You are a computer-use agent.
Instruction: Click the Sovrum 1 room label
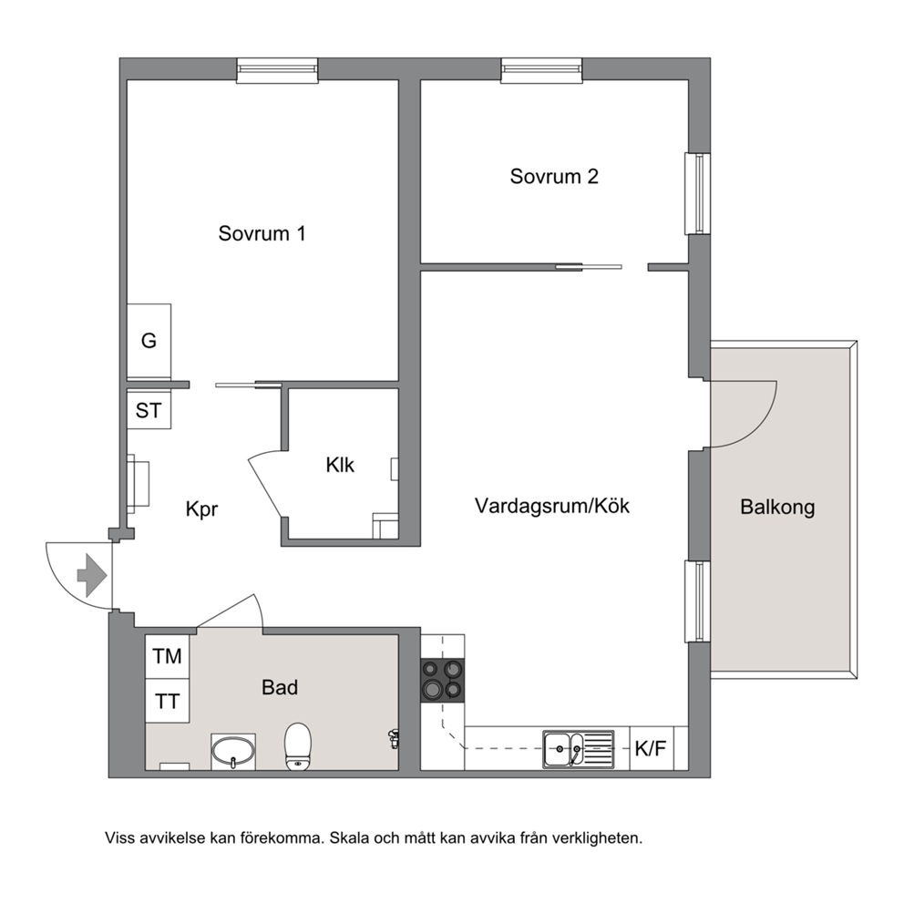[262, 233]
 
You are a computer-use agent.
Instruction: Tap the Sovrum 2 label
[554, 177]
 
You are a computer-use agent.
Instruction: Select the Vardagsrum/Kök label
[551, 506]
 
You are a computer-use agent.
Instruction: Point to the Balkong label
[777, 508]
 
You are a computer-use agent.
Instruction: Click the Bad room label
[280, 687]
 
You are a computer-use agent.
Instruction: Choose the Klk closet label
[340, 465]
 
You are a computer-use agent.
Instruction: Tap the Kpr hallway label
[201, 509]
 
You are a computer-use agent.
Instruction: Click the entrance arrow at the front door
[92, 575]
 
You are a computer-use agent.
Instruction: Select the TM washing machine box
[167, 656]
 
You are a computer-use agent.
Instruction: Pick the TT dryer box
[167, 701]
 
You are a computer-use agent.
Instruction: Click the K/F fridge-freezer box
[652, 748]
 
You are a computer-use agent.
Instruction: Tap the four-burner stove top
[442, 681]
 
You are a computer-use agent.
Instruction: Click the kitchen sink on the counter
[579, 749]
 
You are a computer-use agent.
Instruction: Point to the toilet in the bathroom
[298, 746]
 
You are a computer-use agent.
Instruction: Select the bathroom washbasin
[233, 751]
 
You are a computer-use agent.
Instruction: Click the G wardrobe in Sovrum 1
[149, 341]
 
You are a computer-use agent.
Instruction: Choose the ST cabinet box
[149, 410]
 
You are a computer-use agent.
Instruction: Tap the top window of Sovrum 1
[277, 70]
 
